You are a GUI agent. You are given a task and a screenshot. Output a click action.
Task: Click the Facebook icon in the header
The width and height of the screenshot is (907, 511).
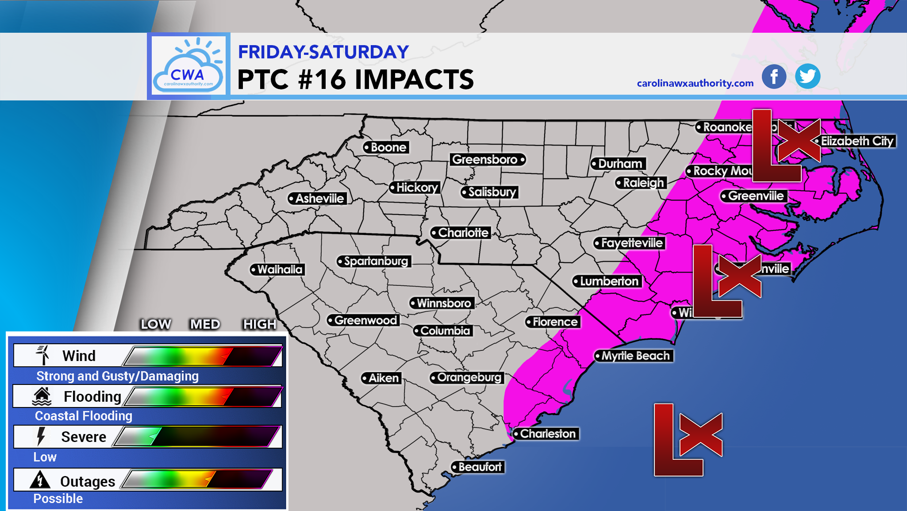point(774,77)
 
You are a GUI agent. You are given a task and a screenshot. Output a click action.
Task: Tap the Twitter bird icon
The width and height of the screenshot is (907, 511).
point(807,77)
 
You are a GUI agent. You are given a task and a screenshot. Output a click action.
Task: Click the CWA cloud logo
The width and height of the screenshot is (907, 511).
point(188,66)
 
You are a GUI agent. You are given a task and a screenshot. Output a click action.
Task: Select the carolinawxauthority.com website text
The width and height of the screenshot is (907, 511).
point(695,83)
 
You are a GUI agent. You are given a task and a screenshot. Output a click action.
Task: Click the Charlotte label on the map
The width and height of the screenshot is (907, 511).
point(461,233)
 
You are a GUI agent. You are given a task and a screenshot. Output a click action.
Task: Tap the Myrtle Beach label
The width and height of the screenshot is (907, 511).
point(634,356)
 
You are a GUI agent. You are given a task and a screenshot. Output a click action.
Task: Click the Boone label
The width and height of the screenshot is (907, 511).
point(386,147)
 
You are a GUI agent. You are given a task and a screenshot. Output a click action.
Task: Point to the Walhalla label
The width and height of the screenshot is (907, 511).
point(277,269)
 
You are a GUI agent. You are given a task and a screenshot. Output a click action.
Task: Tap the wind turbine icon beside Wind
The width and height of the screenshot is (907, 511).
point(43,355)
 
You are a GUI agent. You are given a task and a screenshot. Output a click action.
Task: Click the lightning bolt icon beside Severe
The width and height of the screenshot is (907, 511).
point(41,436)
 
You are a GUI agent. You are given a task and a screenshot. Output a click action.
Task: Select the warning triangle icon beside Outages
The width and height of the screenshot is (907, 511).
point(40,480)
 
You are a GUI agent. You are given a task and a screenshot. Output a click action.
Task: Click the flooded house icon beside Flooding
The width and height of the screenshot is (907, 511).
point(42,396)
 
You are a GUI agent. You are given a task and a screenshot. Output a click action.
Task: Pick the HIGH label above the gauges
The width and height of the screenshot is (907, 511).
point(260,324)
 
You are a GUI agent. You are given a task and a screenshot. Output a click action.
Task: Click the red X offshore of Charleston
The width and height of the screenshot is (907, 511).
point(701,435)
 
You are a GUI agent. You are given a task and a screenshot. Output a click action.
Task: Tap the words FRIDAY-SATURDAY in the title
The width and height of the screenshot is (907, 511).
point(323,52)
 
